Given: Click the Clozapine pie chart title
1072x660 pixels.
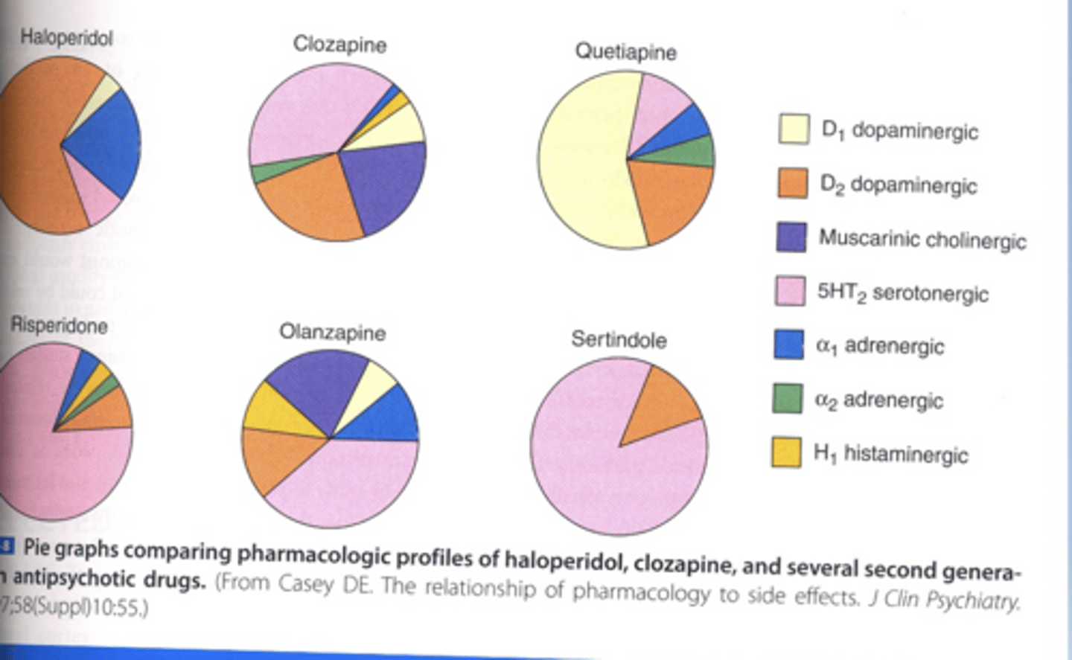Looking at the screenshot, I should (339, 45).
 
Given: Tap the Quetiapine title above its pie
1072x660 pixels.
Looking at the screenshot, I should (625, 52).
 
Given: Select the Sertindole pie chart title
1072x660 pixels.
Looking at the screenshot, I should (619, 340).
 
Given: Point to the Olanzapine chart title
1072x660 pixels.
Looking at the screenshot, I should (332, 332).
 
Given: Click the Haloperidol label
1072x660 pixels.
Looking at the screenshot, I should (66, 37).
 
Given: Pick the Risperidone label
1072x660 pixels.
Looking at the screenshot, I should (59, 326).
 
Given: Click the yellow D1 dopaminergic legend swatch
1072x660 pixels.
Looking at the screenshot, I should (794, 129).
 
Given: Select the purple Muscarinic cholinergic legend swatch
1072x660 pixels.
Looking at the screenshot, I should (791, 237).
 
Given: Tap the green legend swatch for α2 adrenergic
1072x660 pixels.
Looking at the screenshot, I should (788, 399).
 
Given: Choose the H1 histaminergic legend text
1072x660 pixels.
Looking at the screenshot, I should (891, 454).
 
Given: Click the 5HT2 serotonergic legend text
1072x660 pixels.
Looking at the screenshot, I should (902, 292).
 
